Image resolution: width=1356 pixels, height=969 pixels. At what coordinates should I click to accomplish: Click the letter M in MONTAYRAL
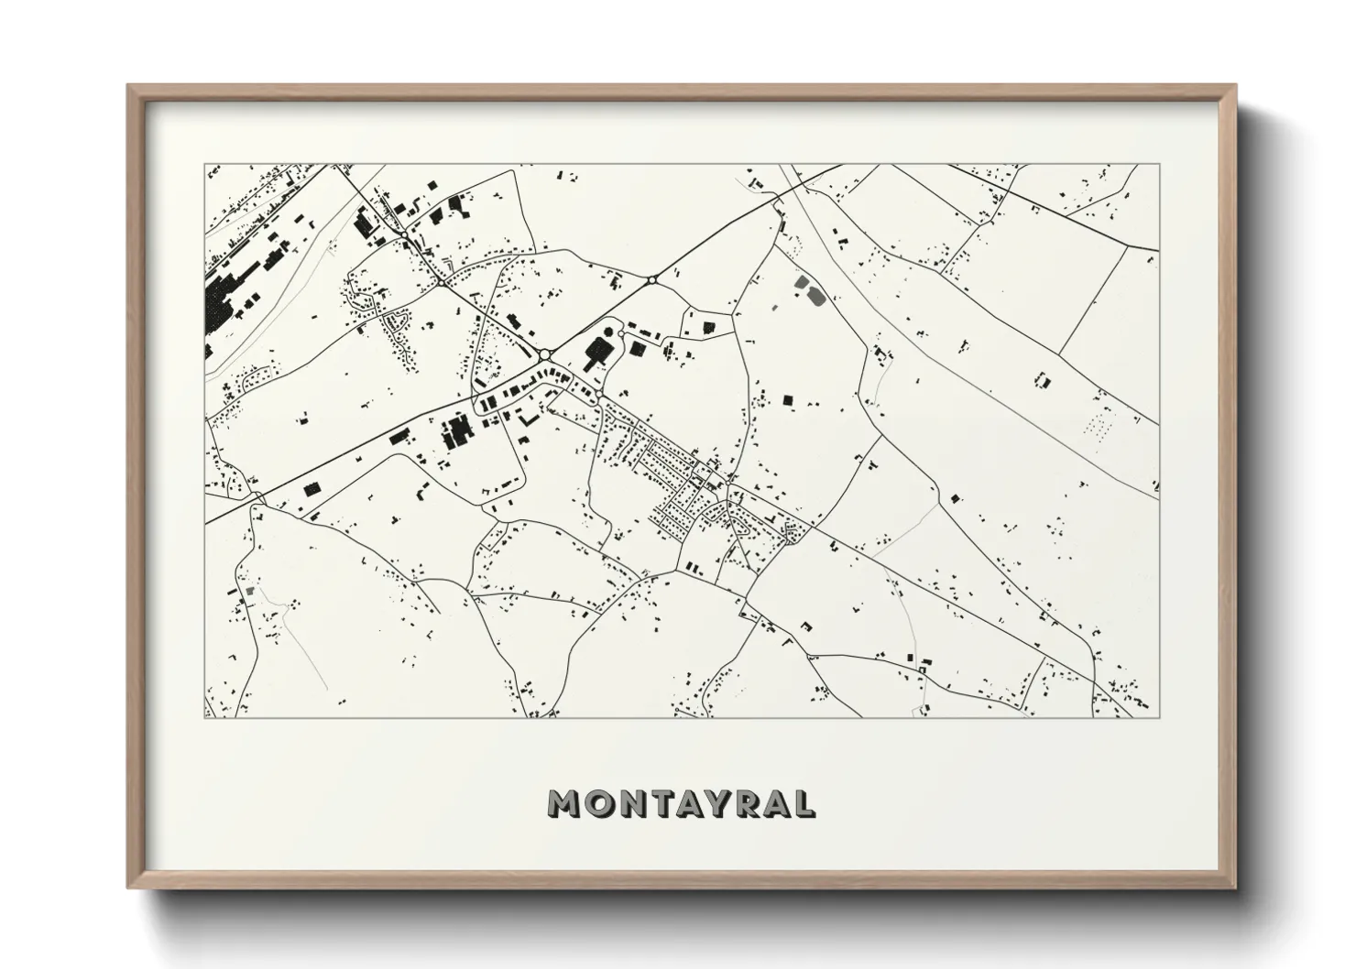(562, 803)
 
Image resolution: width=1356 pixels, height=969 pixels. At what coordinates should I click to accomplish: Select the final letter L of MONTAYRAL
(803, 803)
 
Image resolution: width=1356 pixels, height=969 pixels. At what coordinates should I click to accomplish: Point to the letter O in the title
(595, 803)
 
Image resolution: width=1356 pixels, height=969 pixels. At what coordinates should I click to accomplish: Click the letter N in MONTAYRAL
(626, 803)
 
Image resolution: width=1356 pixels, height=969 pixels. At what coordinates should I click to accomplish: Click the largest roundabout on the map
(545, 354)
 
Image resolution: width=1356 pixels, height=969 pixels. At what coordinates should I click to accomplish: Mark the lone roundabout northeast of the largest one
(651, 280)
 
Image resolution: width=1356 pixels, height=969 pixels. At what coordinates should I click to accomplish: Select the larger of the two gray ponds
(813, 295)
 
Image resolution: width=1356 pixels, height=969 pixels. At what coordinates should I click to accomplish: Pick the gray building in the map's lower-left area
(247, 590)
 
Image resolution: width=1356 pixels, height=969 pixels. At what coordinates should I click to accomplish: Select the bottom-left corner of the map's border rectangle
(205, 717)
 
